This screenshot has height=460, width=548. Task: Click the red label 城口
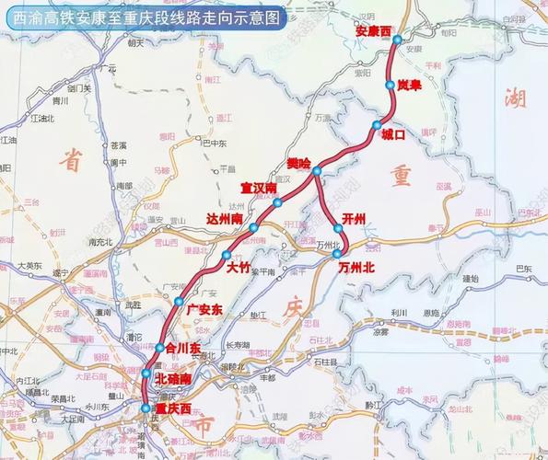[x=393, y=137]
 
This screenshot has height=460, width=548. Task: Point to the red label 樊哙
[x=299, y=162]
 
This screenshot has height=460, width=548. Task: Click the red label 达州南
[x=225, y=220]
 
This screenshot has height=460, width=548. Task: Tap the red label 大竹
[x=239, y=269]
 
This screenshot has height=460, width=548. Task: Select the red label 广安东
[x=204, y=308]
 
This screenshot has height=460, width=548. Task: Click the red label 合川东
[x=182, y=349]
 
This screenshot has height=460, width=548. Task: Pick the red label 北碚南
[x=173, y=378]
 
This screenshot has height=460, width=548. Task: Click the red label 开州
[x=354, y=218]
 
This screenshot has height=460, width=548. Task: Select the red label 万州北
[x=356, y=268]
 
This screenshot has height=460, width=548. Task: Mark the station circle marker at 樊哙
[x=316, y=172]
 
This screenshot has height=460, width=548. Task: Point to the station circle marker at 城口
[x=376, y=125]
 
